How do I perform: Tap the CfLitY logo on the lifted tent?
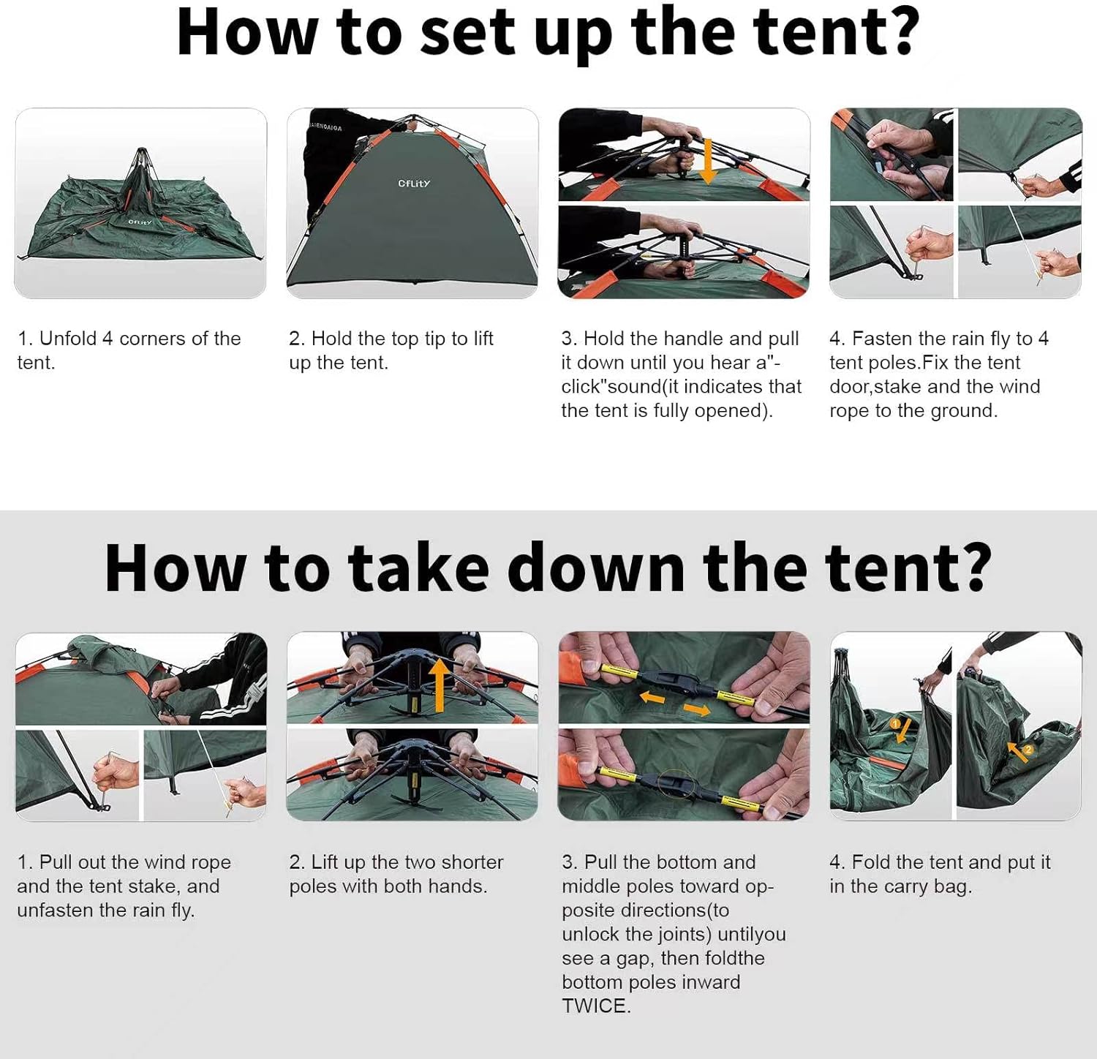(414, 184)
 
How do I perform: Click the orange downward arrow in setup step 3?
(707, 161)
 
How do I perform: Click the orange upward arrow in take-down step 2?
(439, 685)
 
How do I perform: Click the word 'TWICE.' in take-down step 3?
(596, 1006)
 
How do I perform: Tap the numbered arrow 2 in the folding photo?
(1022, 751)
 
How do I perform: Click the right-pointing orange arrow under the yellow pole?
(697, 709)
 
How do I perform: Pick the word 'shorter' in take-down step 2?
(469, 862)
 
